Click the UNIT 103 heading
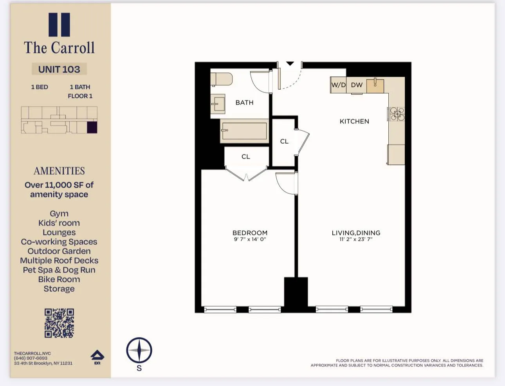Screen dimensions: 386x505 click(x=59, y=69)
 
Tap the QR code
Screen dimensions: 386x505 click(x=59, y=323)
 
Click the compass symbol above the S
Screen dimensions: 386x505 click(x=139, y=350)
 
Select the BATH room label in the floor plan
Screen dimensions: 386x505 click(x=244, y=103)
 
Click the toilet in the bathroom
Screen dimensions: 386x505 click(x=221, y=79)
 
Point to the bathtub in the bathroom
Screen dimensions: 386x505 click(x=244, y=131)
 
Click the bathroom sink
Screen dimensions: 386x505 click(x=218, y=104)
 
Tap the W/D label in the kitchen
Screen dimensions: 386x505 click(x=338, y=85)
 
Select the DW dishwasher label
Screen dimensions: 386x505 click(x=357, y=85)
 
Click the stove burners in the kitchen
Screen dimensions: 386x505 click(x=397, y=114)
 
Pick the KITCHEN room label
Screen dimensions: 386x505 click(x=354, y=121)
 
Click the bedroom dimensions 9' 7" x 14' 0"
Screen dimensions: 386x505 click(x=250, y=239)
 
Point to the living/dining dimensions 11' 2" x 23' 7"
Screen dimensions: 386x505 click(x=356, y=239)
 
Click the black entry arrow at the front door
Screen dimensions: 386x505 click(x=290, y=63)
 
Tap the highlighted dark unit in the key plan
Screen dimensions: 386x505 click(x=92, y=128)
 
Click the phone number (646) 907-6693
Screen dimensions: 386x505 click(x=31, y=358)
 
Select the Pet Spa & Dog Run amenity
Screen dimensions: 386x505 click(x=59, y=270)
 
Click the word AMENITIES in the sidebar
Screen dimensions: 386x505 click(x=59, y=171)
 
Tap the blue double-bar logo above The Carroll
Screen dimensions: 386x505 click(x=59, y=25)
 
